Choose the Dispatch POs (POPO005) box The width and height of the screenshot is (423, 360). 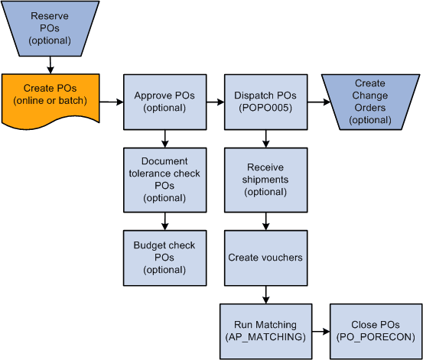(x=265, y=101)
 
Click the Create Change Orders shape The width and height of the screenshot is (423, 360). (x=370, y=101)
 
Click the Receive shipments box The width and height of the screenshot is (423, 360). (x=265, y=180)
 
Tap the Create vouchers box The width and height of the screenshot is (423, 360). (x=265, y=258)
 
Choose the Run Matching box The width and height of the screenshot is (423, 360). (x=265, y=330)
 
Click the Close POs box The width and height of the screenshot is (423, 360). (x=375, y=330)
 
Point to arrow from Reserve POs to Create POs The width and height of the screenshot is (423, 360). (x=50, y=64)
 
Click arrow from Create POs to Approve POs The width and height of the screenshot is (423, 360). (x=112, y=101)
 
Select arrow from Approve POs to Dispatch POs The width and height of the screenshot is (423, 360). (x=215, y=101)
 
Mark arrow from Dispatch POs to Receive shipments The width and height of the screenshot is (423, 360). (x=265, y=138)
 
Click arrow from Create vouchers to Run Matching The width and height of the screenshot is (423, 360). (x=265, y=294)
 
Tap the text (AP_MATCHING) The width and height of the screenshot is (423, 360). (x=265, y=337)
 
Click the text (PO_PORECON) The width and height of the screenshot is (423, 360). (x=375, y=337)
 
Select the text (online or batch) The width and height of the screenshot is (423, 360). (x=50, y=101)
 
